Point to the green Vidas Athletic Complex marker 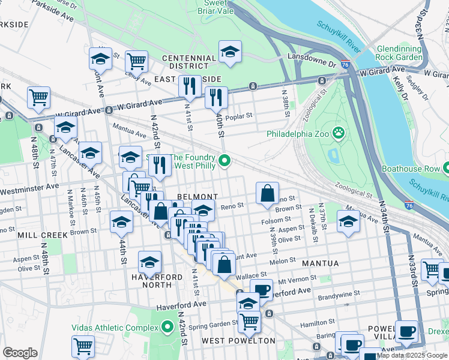pos(167,328)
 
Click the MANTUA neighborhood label pos(320,263)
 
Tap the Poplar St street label pos(239,115)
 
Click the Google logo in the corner pos(20,353)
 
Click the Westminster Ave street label pos(30,188)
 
